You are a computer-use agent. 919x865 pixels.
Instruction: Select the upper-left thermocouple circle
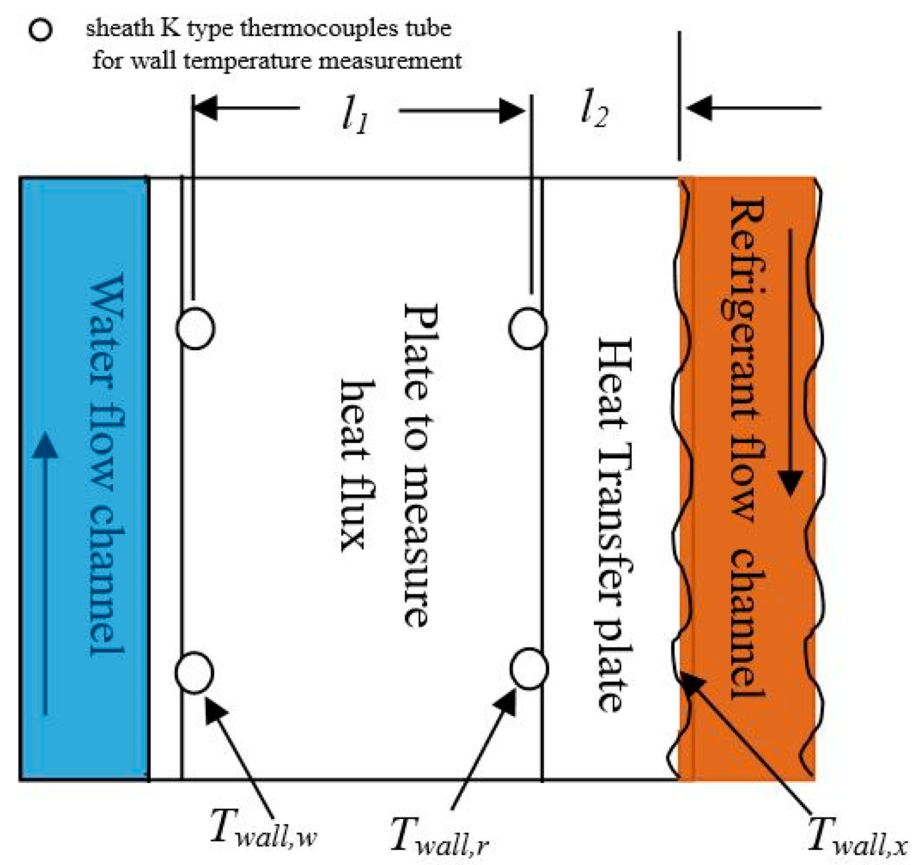coord(196,328)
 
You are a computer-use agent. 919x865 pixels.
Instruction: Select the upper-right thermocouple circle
coord(528,328)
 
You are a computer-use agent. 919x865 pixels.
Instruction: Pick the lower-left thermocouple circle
coord(194,673)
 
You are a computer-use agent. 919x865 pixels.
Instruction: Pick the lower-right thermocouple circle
coord(529,669)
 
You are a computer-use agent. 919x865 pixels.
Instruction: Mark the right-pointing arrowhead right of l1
coord(512,111)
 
